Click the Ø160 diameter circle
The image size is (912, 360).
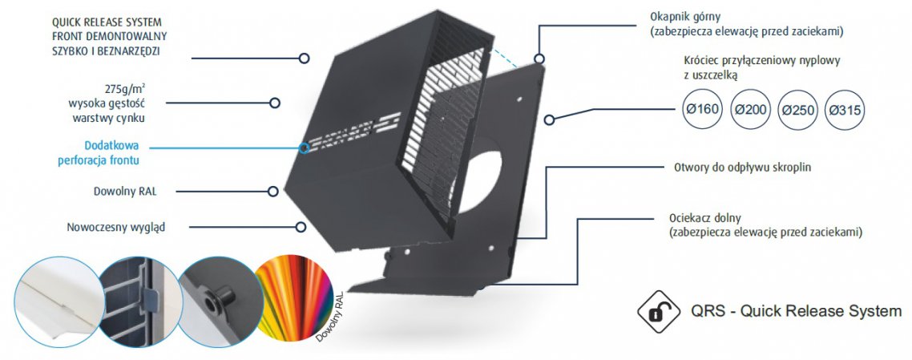pos(702,109)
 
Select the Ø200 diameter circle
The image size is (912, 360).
pos(750,109)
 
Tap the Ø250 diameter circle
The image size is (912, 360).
pos(797,109)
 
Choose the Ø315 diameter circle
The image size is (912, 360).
pos(845,109)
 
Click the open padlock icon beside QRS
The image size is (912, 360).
pos(659,311)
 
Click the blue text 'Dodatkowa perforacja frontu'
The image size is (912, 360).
pos(99,153)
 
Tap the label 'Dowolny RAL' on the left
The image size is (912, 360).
pos(125,191)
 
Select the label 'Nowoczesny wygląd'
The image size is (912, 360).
pos(115,228)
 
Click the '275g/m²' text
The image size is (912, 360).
pos(122,90)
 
